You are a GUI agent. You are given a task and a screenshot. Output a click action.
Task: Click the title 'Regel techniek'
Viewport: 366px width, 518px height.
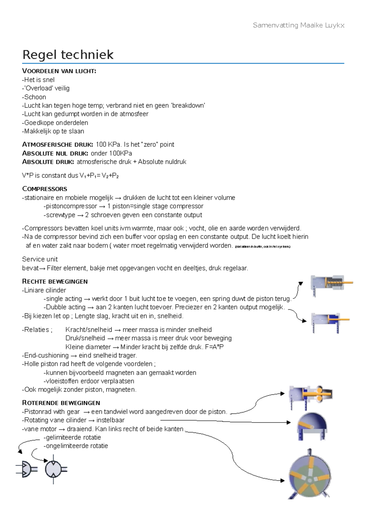point(68,55)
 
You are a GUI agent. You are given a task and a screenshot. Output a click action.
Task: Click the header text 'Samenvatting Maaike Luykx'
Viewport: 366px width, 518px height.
point(298,25)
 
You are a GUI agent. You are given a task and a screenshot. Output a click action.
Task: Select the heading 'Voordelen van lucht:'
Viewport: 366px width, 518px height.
point(59,71)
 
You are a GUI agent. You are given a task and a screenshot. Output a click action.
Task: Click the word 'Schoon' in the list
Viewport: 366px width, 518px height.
point(35,97)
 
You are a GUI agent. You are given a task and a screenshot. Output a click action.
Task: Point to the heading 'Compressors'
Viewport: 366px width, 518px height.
point(45,189)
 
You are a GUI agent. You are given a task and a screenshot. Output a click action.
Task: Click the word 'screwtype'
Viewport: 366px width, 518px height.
point(60,215)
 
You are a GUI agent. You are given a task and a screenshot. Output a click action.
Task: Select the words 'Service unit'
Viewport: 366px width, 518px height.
point(40,259)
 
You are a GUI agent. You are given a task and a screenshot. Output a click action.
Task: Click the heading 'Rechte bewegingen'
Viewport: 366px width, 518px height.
point(55,282)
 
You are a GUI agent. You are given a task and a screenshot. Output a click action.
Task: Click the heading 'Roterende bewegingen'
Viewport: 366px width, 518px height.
point(61,403)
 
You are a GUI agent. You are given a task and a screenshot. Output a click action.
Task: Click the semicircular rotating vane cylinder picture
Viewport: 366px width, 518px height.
point(312,426)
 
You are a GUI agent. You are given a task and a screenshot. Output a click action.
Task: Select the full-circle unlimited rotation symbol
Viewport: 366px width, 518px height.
point(54,469)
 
